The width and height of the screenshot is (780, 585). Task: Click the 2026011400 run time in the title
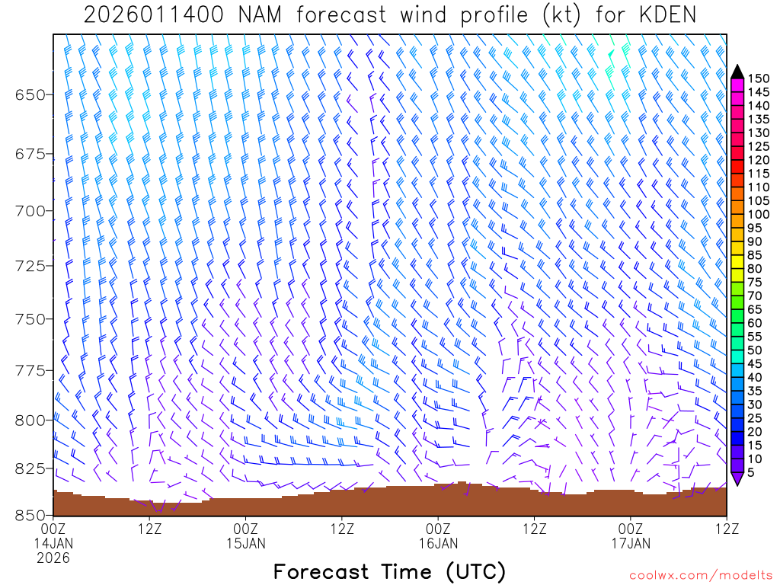click(x=152, y=15)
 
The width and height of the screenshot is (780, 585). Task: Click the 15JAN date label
click(x=246, y=544)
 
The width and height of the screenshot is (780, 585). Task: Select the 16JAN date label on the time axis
click(x=439, y=544)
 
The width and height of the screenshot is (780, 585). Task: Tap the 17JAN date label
click(x=631, y=544)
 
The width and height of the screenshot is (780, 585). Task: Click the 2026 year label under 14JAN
click(x=53, y=558)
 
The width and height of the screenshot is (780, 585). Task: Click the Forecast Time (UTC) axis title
click(x=389, y=571)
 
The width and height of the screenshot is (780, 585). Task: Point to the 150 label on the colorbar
click(x=758, y=78)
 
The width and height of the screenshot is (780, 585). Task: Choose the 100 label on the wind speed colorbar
click(x=758, y=214)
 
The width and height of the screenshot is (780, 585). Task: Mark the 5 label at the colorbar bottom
click(x=752, y=472)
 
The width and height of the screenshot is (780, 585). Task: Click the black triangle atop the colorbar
click(x=737, y=72)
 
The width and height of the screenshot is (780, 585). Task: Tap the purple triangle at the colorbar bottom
click(x=737, y=478)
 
